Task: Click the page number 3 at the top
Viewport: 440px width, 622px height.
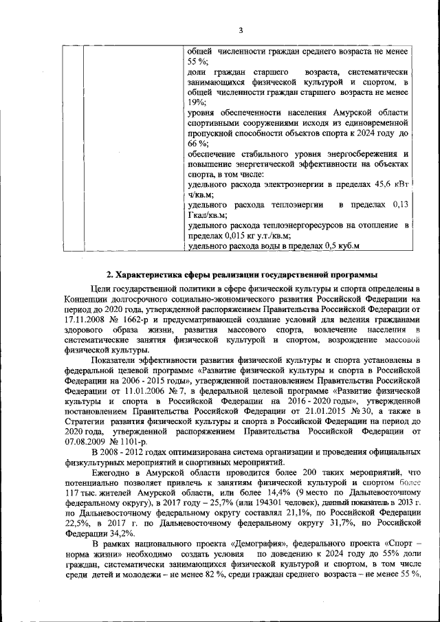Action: coord(241,30)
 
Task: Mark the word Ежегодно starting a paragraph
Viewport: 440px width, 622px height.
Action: coord(113,473)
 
